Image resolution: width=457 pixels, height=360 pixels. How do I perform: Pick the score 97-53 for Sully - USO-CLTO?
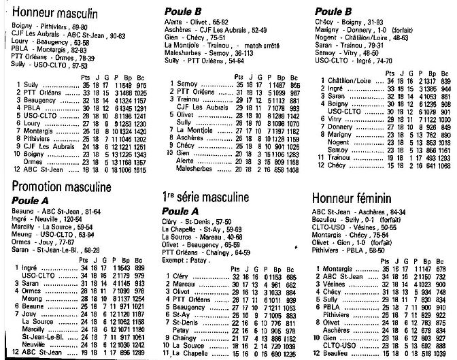click(x=79, y=66)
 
